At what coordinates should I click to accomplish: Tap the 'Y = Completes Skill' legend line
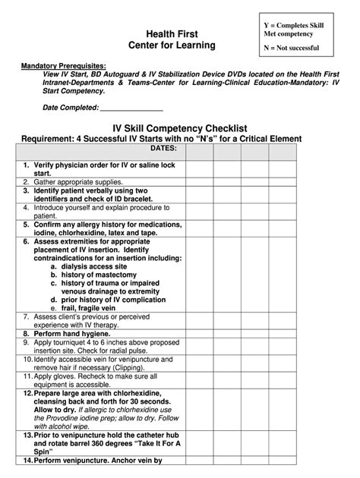click(293, 25)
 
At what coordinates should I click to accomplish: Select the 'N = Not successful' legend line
click(291, 48)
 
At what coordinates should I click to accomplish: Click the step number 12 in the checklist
click(27, 393)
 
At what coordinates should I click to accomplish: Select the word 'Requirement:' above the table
click(47, 138)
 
